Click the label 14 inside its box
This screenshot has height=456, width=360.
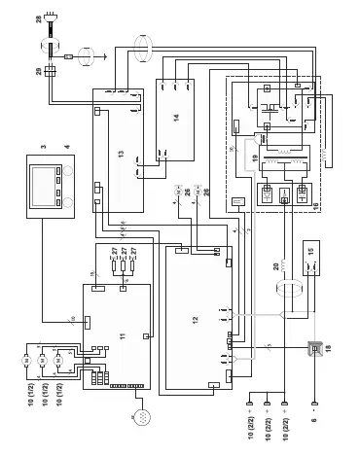[x=176, y=119]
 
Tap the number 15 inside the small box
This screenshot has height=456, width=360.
[x=310, y=262]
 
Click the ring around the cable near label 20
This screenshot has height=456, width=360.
[x=288, y=291]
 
